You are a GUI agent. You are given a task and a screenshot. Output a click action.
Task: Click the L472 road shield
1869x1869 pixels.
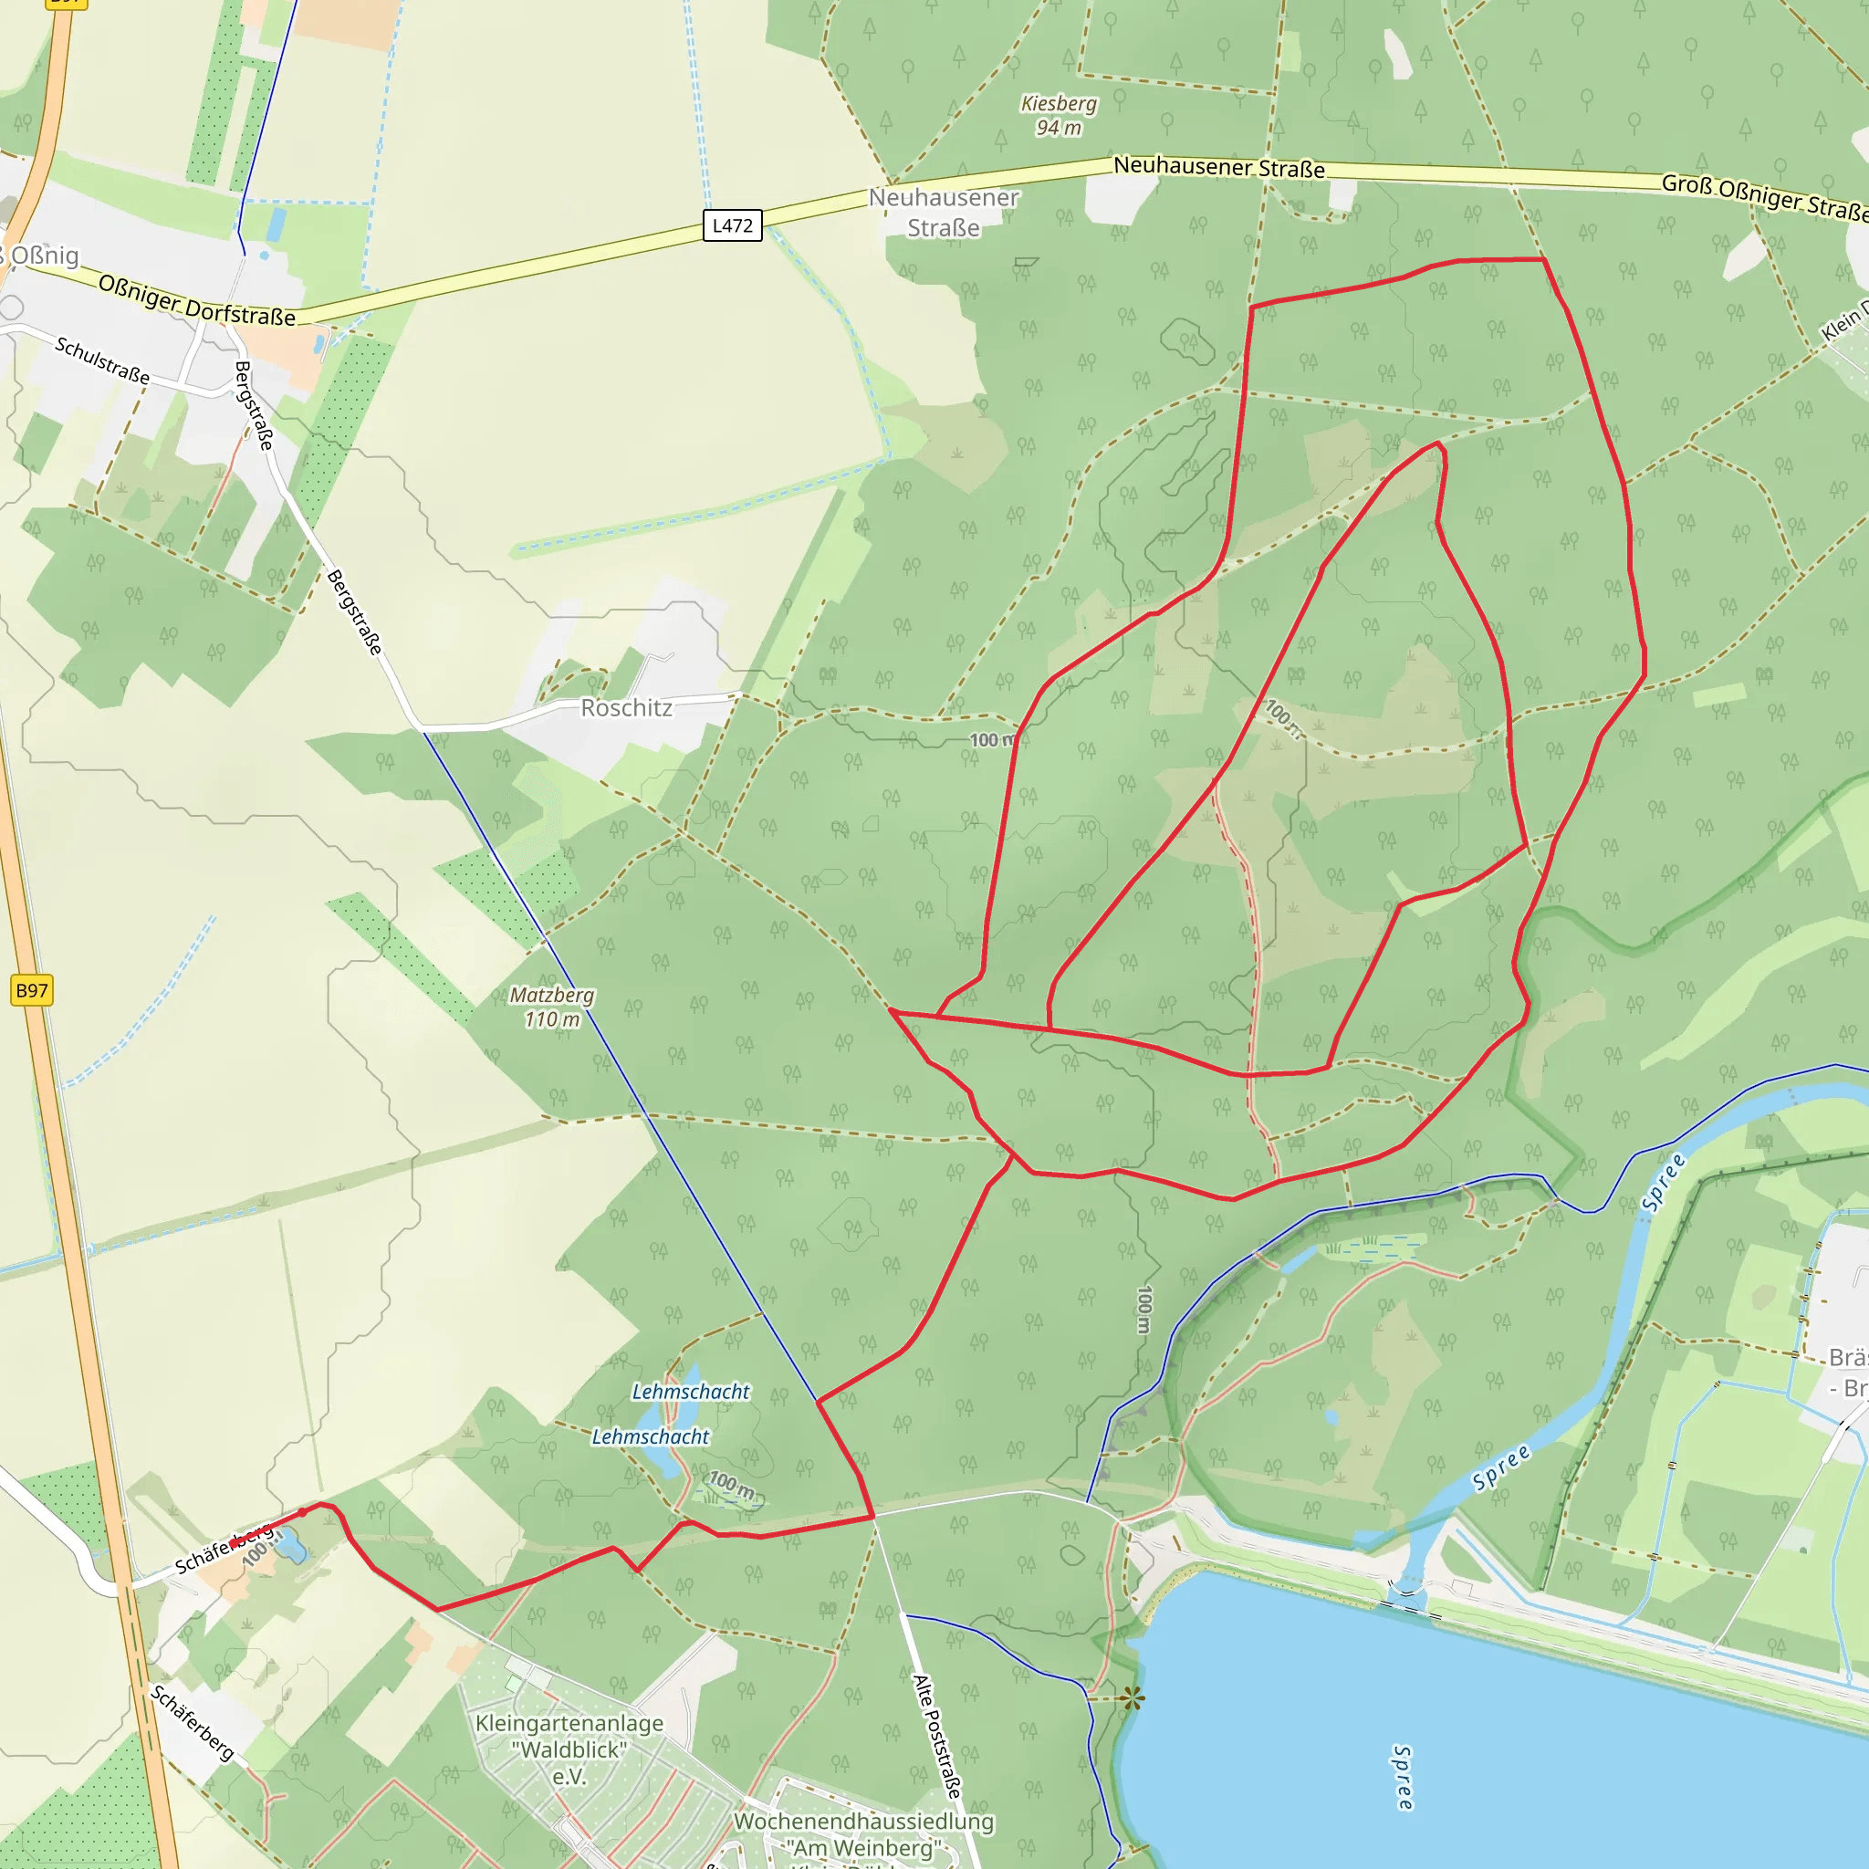coord(732,225)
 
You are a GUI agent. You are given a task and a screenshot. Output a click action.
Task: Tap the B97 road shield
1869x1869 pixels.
coord(32,990)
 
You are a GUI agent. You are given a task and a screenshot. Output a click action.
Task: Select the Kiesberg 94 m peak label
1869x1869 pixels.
coord(1060,115)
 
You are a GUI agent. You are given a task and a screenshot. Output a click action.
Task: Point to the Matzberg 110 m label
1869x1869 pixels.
coord(552,1008)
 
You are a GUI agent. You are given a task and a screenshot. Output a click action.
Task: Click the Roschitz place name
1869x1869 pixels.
coord(626,708)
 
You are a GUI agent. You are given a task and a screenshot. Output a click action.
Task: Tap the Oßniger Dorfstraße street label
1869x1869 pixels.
coord(197,300)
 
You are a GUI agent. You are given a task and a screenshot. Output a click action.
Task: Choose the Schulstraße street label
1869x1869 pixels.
coord(102,360)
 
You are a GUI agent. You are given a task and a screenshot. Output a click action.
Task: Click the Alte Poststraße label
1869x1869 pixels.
coord(937,1737)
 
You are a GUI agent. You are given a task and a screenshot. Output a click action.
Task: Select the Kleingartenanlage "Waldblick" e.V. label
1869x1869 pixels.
coord(569,1749)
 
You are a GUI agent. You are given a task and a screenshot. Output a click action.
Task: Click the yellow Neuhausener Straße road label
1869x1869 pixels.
coord(1219,167)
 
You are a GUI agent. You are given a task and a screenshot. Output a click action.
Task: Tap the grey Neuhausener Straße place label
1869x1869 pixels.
coord(944,213)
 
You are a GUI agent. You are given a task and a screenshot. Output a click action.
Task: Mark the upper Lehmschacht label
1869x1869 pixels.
coord(691,1391)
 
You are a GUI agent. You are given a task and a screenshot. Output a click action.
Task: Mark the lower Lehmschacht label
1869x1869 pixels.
coord(650,1436)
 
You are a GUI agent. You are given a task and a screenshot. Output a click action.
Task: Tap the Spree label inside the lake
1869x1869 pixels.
coord(1402,1778)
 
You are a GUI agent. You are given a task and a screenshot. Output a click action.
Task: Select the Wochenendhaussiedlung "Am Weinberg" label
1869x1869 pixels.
coord(864,1834)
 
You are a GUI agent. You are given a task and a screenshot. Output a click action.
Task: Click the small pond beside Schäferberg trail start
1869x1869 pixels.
coord(291,1549)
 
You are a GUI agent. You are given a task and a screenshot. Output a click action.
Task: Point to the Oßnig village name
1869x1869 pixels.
coord(44,256)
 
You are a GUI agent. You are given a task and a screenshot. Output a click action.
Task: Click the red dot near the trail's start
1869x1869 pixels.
coord(302,1512)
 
